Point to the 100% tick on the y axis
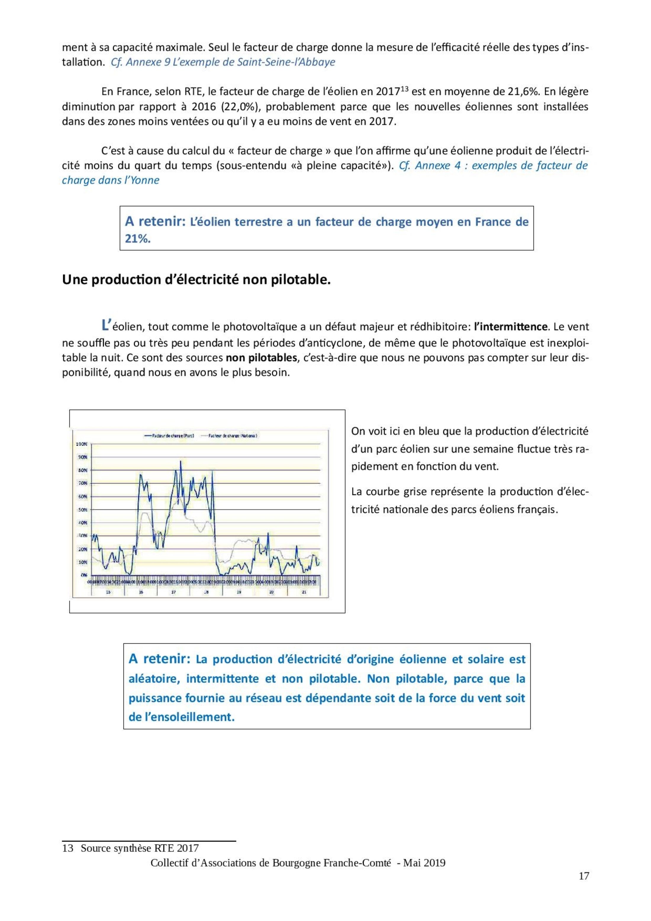point(82,444)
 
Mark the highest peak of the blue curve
point(181,461)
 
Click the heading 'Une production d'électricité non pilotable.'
point(196,280)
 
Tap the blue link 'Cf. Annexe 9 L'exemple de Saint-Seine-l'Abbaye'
point(223,62)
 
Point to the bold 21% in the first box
point(137,239)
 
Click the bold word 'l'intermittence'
point(510,326)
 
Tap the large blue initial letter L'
point(106,325)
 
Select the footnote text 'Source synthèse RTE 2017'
point(140,848)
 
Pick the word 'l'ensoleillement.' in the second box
point(181,717)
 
